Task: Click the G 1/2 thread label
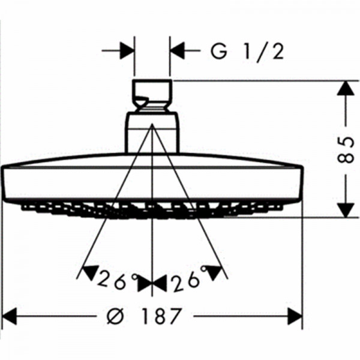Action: pyautogui.click(x=247, y=52)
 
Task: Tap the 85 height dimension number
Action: pyautogui.click(x=346, y=149)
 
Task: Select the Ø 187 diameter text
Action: pyautogui.click(x=144, y=316)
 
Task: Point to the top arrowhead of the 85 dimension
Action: pyautogui.click(x=346, y=88)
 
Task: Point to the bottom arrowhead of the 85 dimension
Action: pyautogui.click(x=346, y=210)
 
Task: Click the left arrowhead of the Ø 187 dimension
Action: pyautogui.click(x=9, y=316)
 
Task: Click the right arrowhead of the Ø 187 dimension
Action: pyautogui.click(x=295, y=316)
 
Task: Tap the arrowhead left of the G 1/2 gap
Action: pyautogui.click(x=127, y=50)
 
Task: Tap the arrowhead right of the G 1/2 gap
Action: pyautogui.click(x=177, y=50)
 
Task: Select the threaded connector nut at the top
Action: pyautogui.click(x=152, y=96)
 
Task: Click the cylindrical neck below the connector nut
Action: pyautogui.click(x=152, y=133)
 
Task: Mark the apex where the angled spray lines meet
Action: pyautogui.click(x=152, y=124)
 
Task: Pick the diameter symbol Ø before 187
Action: pyautogui.click(x=115, y=316)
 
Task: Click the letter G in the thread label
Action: pyautogui.click(x=219, y=52)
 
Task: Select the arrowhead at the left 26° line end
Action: pyautogui.click(x=89, y=272)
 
